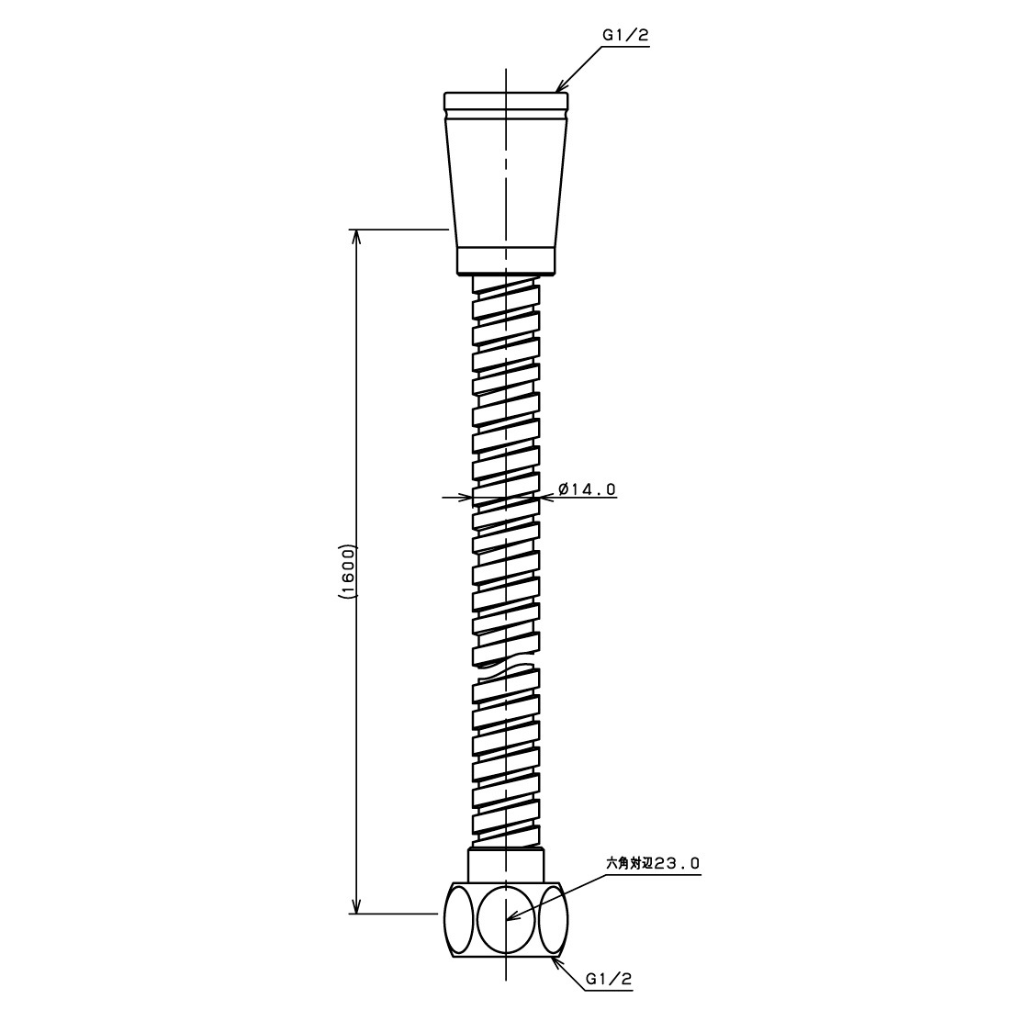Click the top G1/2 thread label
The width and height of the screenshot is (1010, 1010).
(x=624, y=36)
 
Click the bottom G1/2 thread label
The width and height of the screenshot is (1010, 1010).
(x=608, y=980)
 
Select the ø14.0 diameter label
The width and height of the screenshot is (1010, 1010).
(x=587, y=489)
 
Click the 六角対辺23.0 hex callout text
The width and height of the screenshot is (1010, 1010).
(x=652, y=863)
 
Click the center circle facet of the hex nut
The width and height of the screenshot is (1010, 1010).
(x=507, y=920)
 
